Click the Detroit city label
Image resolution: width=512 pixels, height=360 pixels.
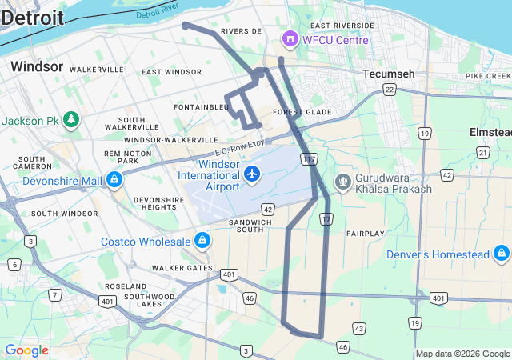point(32,17)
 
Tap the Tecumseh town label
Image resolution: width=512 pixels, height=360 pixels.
point(389,74)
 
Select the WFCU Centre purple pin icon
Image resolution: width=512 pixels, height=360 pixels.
point(289,39)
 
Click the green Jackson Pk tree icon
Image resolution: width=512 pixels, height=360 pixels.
point(72,120)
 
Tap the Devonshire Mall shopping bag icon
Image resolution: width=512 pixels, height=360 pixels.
point(114,180)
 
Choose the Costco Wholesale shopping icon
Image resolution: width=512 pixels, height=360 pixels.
point(202,241)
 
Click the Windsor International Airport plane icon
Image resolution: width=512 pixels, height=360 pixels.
point(252,174)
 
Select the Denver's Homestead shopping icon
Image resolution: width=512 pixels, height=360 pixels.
point(501,254)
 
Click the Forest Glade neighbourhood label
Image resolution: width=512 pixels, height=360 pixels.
point(302,112)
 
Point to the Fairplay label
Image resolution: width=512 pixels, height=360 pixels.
point(366,234)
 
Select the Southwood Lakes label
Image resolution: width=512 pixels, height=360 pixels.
point(150,301)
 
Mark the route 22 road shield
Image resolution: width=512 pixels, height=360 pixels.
point(389,90)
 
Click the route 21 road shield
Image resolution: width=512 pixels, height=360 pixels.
point(482,152)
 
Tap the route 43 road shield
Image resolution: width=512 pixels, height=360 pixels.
point(359,329)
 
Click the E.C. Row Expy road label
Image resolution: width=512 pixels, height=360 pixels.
point(239,149)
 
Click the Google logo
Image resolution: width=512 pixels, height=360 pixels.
point(26,350)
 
